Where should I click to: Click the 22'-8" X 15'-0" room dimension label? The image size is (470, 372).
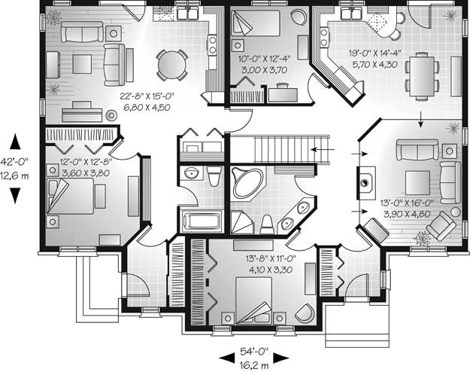(x=147, y=96)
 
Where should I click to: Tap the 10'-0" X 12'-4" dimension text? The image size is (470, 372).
(x=265, y=59)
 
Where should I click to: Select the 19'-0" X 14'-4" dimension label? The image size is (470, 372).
(x=374, y=53)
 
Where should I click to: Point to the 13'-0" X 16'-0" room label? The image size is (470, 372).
(x=407, y=203)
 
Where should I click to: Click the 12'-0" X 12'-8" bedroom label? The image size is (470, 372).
(x=86, y=162)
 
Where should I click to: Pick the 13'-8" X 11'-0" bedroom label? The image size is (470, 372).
(x=271, y=258)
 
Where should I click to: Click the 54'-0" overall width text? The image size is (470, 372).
(x=254, y=351)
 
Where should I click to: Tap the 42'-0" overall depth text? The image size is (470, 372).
(x=14, y=162)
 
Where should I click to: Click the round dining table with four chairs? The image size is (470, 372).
(x=171, y=65)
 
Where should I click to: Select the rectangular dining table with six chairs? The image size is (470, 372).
(x=422, y=76)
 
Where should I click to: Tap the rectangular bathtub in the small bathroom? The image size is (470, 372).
(x=202, y=221)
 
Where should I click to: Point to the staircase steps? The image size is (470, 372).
(x=293, y=149)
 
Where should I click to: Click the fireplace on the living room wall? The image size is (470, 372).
(x=365, y=183)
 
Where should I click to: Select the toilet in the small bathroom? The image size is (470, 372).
(x=214, y=176)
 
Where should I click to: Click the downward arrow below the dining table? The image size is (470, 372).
(x=421, y=119)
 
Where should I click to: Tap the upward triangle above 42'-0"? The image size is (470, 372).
(x=15, y=142)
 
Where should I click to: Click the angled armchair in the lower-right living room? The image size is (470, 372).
(x=441, y=226)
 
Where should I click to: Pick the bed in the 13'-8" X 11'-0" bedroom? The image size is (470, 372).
(x=254, y=300)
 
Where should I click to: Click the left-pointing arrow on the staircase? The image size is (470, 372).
(x=323, y=149)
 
